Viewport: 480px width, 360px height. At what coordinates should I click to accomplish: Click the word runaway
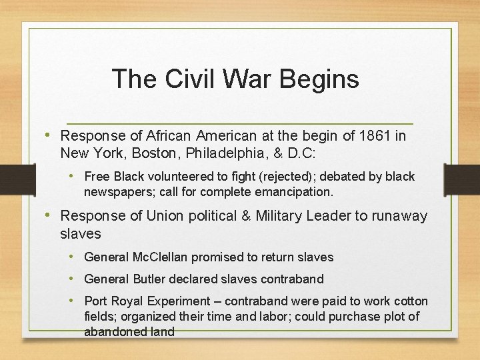[403, 216]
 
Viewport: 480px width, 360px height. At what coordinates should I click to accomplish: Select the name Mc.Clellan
[162, 257]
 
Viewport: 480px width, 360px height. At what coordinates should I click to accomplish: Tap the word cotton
[411, 301]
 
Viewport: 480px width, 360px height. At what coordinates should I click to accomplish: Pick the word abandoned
[112, 331]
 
